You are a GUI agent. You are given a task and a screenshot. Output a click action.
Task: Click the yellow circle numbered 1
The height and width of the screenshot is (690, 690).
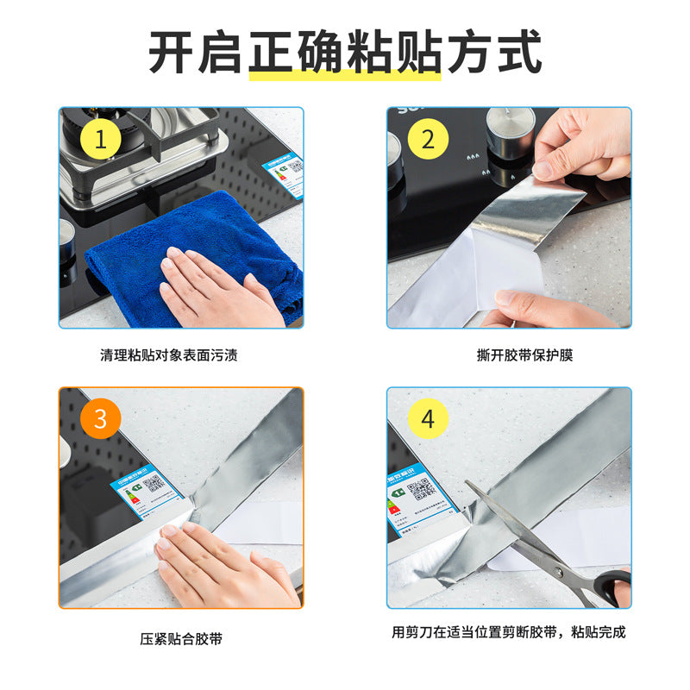click(100, 138)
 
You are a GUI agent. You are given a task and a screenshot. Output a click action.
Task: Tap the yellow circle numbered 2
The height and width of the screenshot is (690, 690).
click(428, 138)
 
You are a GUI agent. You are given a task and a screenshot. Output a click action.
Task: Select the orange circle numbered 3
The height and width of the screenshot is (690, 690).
click(100, 419)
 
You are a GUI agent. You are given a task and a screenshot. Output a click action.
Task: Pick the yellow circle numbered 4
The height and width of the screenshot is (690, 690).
click(428, 419)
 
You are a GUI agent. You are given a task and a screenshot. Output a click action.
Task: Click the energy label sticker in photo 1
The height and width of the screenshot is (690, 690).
click(285, 173)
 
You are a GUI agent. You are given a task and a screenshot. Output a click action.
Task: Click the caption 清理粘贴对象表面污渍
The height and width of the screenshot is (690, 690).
click(181, 354)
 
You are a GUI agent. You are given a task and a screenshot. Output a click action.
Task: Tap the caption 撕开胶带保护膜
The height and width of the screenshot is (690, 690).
click(508, 354)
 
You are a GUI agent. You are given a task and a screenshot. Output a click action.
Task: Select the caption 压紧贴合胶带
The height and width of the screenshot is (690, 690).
click(181, 639)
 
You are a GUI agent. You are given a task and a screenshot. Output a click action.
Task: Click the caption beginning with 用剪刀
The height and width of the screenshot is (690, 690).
click(508, 632)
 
